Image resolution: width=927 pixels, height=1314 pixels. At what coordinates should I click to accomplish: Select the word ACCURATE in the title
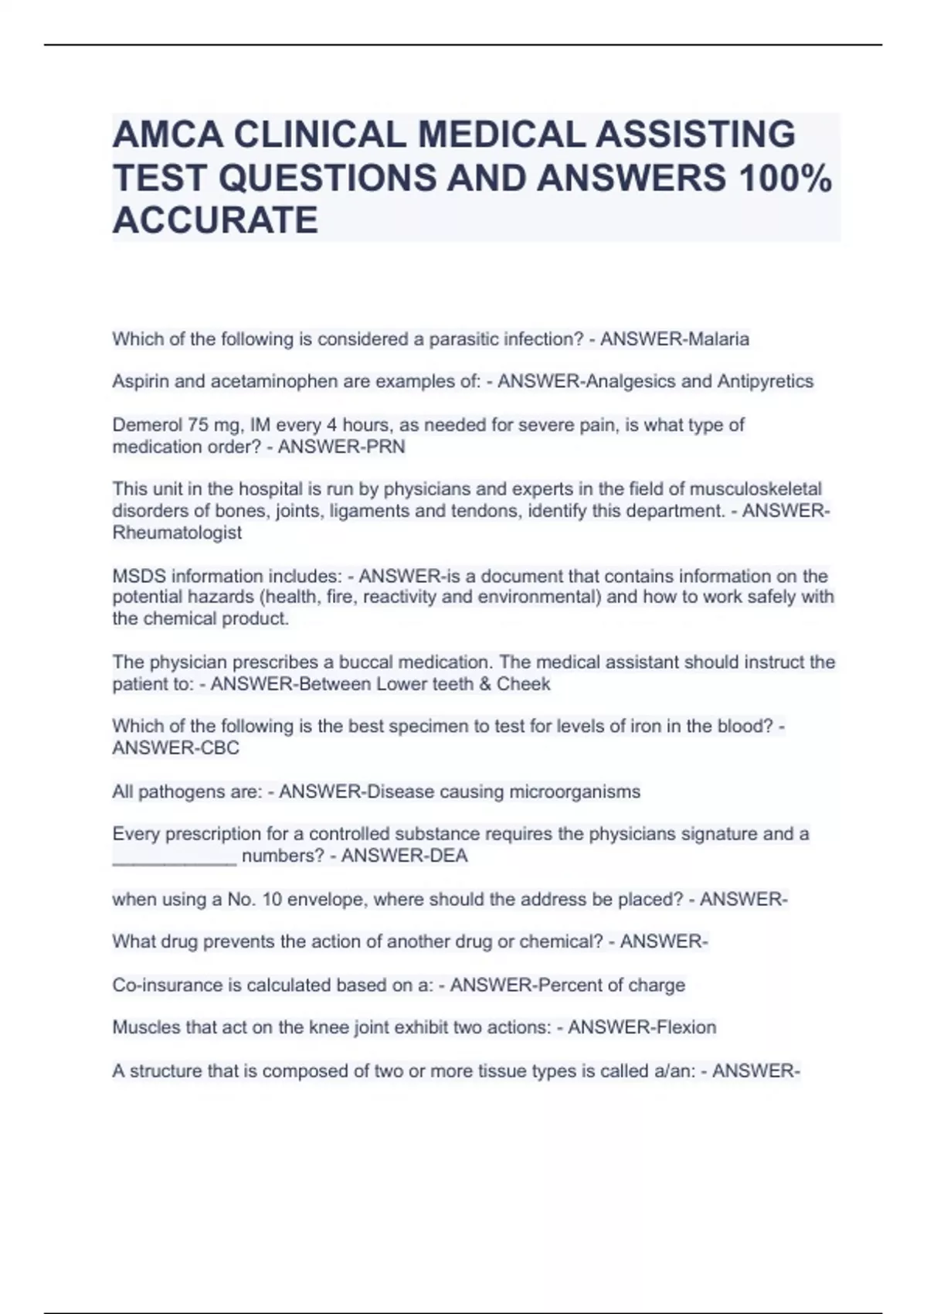[215, 220]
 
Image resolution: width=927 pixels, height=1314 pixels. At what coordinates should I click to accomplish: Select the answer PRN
[388, 447]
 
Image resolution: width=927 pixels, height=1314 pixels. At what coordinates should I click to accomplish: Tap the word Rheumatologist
[177, 533]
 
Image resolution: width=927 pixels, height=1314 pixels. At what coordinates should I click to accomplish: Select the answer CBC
[222, 748]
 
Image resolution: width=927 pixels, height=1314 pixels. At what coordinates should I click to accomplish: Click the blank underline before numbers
[175, 856]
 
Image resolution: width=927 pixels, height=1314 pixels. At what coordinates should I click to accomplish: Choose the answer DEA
[450, 856]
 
